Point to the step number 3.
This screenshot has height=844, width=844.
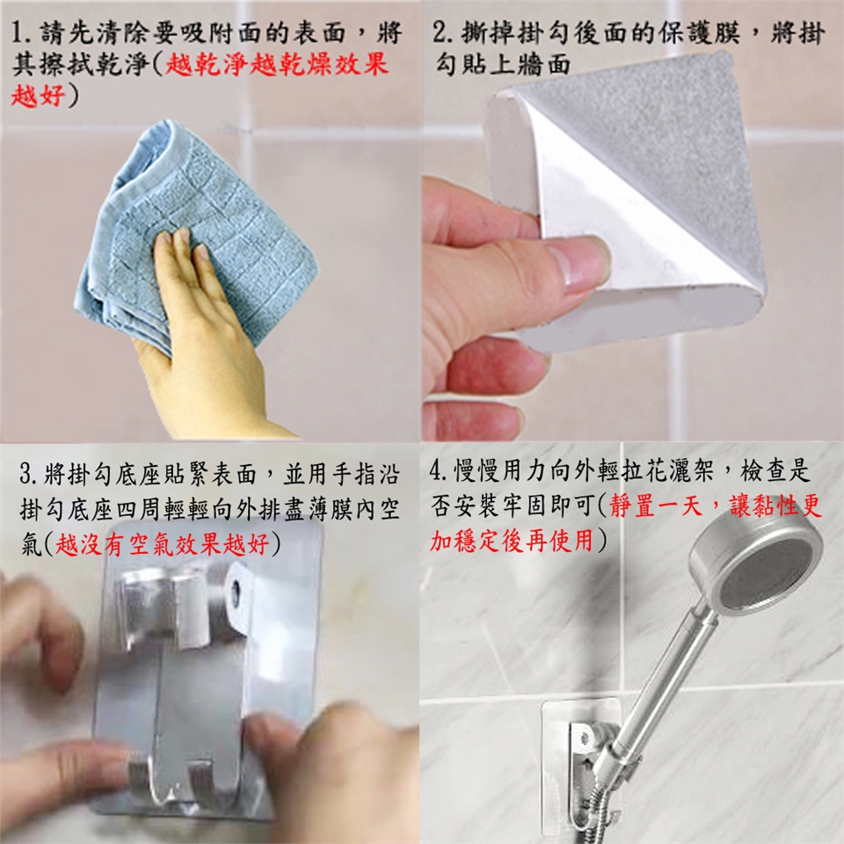click(x=28, y=475)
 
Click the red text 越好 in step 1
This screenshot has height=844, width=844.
click(x=38, y=97)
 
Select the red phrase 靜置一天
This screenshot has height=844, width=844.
click(x=656, y=506)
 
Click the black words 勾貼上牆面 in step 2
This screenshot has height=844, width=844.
click(x=503, y=65)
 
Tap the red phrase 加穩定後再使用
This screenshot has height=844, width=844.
click(x=512, y=540)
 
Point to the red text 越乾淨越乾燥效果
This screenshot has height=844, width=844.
click(x=276, y=65)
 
